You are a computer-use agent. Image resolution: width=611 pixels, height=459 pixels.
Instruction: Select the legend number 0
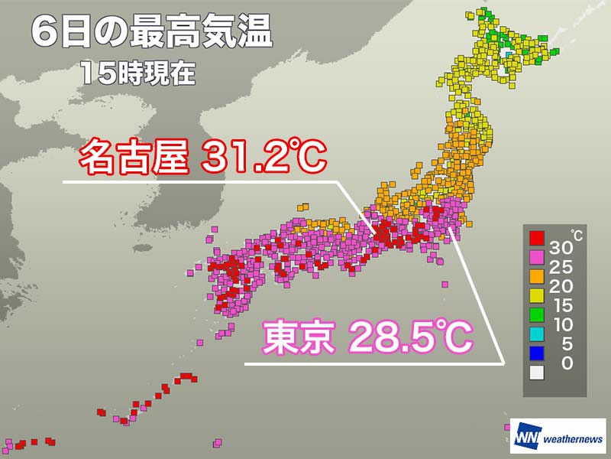pyautogui.click(x=566, y=364)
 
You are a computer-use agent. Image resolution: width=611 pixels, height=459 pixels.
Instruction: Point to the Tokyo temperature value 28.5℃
pyautogui.click(x=410, y=337)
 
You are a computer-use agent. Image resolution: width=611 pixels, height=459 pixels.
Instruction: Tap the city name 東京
pyautogui.click(x=299, y=337)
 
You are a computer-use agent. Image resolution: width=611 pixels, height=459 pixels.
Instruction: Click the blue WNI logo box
pyautogui.click(x=525, y=438)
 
